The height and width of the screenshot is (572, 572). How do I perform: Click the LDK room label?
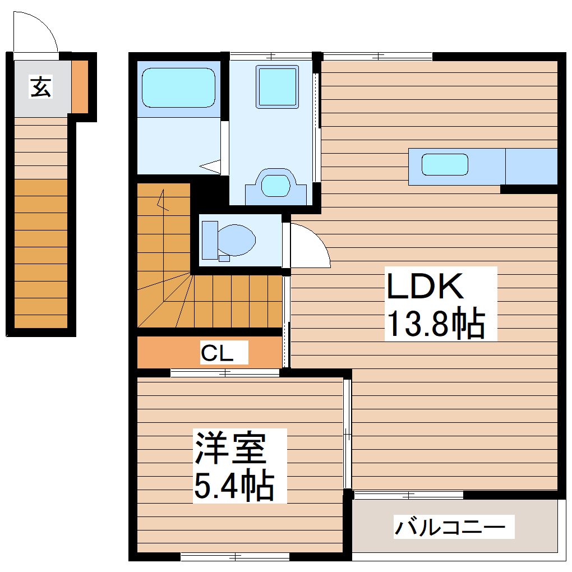[x=425, y=286]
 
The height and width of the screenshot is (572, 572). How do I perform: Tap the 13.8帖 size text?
[x=435, y=324]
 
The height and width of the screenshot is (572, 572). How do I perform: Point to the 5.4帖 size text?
[x=234, y=486]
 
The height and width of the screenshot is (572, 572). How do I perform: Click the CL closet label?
[x=216, y=353]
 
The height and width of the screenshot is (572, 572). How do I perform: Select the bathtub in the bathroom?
[x=178, y=87]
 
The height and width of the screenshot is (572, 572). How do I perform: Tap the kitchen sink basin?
[x=445, y=164]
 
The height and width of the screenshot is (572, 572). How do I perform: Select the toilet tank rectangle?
[x=209, y=240]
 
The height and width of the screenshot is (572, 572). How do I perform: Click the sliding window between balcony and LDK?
[x=408, y=495]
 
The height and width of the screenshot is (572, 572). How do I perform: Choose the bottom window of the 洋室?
[x=235, y=557]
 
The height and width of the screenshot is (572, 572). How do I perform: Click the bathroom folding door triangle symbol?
[x=210, y=166]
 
